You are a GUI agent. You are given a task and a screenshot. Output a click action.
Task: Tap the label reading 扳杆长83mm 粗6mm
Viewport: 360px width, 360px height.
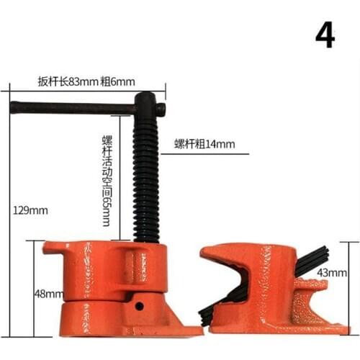coord(86,81)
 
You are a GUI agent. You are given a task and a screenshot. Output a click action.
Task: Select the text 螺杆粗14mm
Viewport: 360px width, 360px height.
coord(204,144)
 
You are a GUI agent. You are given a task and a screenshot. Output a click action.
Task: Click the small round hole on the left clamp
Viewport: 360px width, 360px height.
coord(140,306)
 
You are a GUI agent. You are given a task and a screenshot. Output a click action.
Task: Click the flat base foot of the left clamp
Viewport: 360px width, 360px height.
coord(184,330)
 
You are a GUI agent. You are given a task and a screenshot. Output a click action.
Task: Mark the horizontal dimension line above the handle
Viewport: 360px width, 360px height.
coord(86,89)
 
